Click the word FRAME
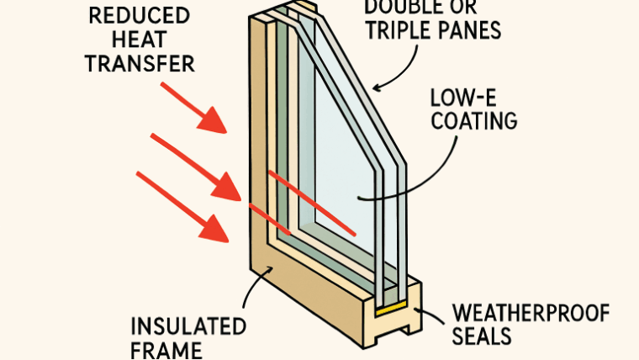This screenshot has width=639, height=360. (166, 350)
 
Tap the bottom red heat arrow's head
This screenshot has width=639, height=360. (220, 230)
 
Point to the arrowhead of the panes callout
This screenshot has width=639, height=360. (377, 87)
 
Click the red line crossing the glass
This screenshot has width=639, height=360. (311, 203)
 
